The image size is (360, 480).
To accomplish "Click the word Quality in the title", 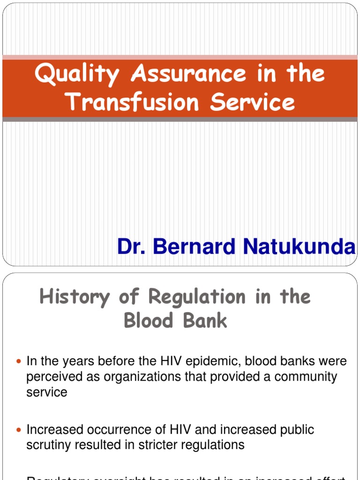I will pyautogui.click(x=76, y=75).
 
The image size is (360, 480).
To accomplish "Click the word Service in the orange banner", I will pyautogui.click(x=253, y=102).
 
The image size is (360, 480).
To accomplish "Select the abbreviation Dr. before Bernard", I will pyautogui.click(x=132, y=246).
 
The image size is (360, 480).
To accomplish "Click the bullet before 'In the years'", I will pyautogui.click(x=19, y=362).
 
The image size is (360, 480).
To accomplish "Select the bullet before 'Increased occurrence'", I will pyautogui.click(x=19, y=430).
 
